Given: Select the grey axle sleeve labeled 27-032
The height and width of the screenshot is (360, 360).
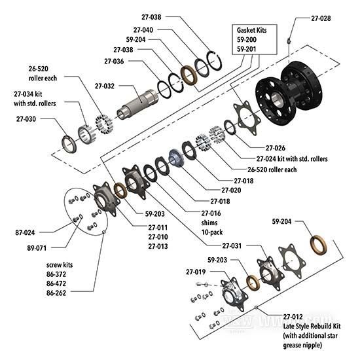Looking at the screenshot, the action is (137, 104).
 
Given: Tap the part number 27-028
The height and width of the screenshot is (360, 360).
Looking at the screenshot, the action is (321, 18).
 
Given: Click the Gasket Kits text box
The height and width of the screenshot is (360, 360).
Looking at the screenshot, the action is (255, 39).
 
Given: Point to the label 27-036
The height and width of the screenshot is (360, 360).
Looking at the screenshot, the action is (114, 62).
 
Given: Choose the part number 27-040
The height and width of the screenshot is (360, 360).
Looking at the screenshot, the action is (143, 30).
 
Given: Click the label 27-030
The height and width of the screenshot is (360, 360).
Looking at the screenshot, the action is (26, 119).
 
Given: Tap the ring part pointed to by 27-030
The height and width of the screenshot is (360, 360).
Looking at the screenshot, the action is (69, 144).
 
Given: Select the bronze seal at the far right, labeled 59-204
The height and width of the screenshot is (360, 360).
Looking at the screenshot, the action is (319, 245).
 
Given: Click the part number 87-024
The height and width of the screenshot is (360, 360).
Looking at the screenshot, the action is (25, 232).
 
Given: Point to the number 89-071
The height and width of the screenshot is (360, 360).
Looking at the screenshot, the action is (37, 248).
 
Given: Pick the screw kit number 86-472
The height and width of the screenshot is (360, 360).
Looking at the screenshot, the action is (56, 283).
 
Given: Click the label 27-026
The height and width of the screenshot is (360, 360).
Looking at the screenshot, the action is (276, 148).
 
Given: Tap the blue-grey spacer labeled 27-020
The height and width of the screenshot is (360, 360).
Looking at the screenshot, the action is (177, 158).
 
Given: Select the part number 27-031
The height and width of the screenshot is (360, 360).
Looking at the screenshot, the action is (232, 246).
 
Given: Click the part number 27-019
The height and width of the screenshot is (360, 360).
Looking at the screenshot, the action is (196, 272).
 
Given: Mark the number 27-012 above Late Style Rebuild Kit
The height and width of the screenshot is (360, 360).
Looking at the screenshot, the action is (293, 317).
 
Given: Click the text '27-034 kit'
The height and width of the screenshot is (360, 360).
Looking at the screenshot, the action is (27, 94).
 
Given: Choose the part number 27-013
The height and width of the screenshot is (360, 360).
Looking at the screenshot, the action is (158, 246).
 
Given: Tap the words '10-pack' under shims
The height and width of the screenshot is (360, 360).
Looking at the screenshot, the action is (212, 232).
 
